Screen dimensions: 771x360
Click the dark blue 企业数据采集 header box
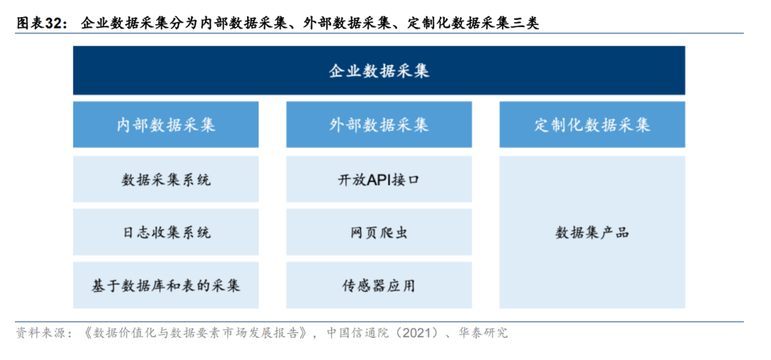coord(378,70)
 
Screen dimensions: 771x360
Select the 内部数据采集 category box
coord(166,124)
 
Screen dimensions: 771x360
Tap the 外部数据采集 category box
coord(378,124)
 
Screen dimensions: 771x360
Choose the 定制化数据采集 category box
coord(592,124)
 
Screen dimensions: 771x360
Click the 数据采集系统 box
coord(166,179)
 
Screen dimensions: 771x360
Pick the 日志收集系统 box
coord(166,232)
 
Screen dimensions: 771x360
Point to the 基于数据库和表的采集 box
coord(166,285)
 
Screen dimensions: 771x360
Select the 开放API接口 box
coord(378,179)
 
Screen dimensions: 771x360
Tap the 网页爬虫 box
coord(378,232)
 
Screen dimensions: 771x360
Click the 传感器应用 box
coord(378,285)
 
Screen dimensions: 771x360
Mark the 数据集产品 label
coord(592,233)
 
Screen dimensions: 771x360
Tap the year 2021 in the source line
coord(420,333)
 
